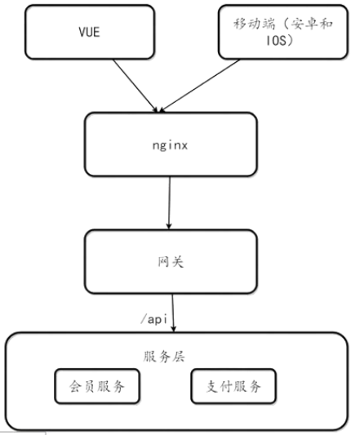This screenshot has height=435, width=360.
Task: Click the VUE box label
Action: coord(89,32)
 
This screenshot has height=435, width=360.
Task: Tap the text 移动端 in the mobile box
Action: coord(254,24)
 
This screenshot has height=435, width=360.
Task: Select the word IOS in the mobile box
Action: coord(276,41)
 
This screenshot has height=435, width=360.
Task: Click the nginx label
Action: coord(170,145)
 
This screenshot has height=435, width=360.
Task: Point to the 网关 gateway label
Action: coord(171,262)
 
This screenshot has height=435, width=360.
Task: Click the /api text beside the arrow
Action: coord(154,319)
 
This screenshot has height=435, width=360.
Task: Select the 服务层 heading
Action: coord(164,357)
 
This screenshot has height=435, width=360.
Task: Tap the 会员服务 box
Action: coord(97,386)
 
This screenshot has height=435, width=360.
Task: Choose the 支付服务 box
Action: coord(233,386)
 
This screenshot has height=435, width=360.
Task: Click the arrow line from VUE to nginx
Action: coord(136,86)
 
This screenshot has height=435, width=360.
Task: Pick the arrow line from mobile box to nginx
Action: coord(199,86)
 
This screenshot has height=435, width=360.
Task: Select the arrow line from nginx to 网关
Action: coord(169,202)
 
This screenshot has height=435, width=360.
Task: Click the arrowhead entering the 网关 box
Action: coord(169,226)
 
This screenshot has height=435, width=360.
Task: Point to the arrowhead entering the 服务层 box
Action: coord(174,328)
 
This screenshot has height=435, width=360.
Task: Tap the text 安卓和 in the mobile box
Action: coord(312,24)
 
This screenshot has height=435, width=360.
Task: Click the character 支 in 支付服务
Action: coord(212,387)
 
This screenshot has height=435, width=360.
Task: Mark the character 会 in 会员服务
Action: coord(76,387)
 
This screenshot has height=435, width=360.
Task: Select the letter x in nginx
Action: coord(184,145)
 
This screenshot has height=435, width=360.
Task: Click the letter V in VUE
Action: coord(82,32)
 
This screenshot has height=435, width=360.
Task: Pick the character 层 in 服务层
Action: coord(178,357)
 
